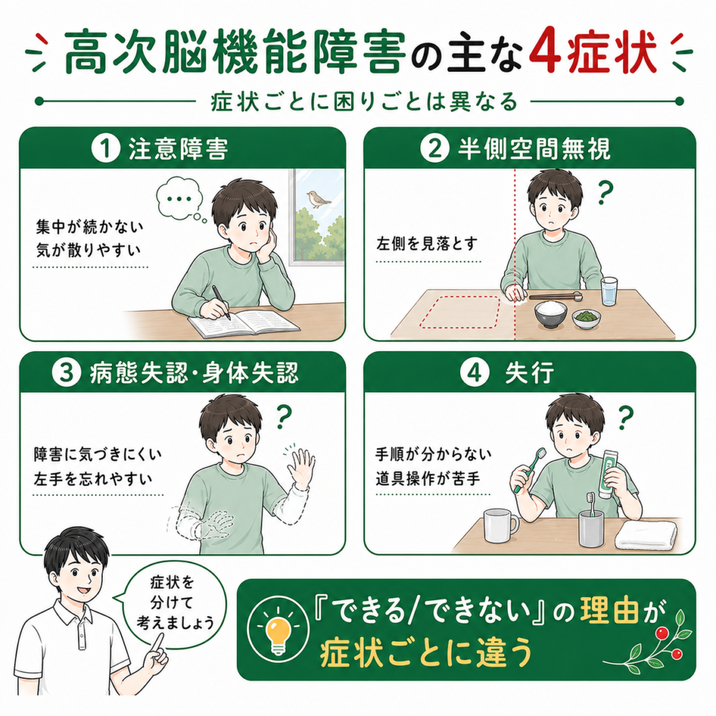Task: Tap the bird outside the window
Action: click(319, 199)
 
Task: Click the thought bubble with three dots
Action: click(180, 199)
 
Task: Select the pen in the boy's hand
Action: click(220, 302)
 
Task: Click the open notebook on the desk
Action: click(244, 322)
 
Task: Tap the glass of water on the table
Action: click(609, 292)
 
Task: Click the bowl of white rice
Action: click(551, 314)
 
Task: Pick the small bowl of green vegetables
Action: click(587, 318)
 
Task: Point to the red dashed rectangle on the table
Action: click(460, 312)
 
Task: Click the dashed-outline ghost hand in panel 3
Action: click(217, 524)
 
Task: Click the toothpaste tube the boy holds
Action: click(609, 473)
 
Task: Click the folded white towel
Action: click(646, 535)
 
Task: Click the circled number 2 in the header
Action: click(434, 150)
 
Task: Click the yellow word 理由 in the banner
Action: click(609, 612)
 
